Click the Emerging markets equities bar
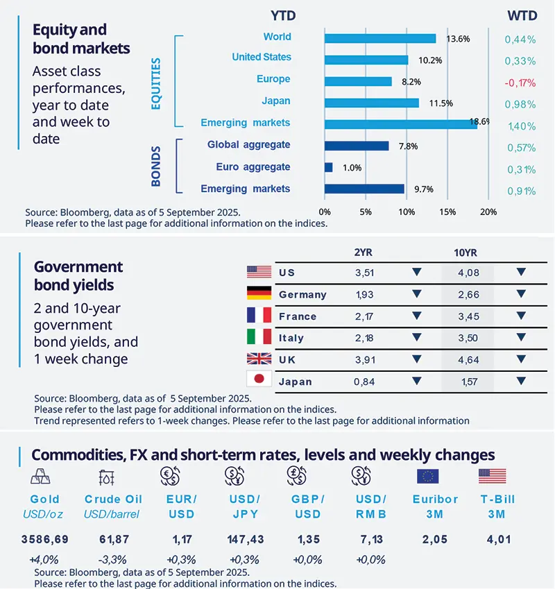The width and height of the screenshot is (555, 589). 400,123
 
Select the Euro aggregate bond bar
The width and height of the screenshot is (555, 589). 328,167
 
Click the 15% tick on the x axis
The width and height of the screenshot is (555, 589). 447,212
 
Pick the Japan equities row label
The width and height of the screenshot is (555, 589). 276,101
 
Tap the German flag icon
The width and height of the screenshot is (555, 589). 258,294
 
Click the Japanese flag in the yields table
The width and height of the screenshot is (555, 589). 258,381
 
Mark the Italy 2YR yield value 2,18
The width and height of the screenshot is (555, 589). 364,338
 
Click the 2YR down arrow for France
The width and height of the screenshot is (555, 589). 416,316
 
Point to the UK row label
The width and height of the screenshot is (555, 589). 287,360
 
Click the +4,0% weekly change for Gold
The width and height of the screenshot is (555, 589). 44,559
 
